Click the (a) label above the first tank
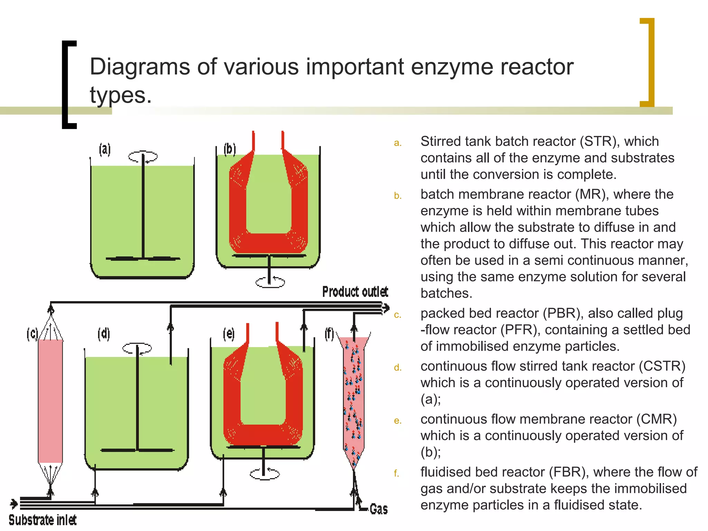pyautogui.click(x=105, y=150)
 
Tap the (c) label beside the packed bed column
pyautogui.click(x=32, y=334)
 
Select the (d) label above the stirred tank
pyautogui.click(x=104, y=334)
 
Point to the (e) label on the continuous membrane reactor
pyautogui.click(x=229, y=334)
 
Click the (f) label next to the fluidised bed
pyautogui.click(x=329, y=334)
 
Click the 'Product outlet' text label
pyautogui.click(x=355, y=292)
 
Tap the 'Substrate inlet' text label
pyautogui.click(x=43, y=520)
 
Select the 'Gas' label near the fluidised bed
pyautogui.click(x=379, y=509)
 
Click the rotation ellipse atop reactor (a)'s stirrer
pyautogui.click(x=143, y=157)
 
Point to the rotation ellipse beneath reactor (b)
pyautogui.click(x=270, y=282)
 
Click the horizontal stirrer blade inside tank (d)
pyautogui.click(x=137, y=450)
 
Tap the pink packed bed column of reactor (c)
pyautogui.click(x=50, y=401)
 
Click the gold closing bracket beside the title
pyautogui.click(x=648, y=62)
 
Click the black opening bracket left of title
pyautogui.click(x=69, y=85)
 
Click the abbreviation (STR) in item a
pyautogui.click(x=599, y=141)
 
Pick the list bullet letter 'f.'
pyautogui.click(x=397, y=473)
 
